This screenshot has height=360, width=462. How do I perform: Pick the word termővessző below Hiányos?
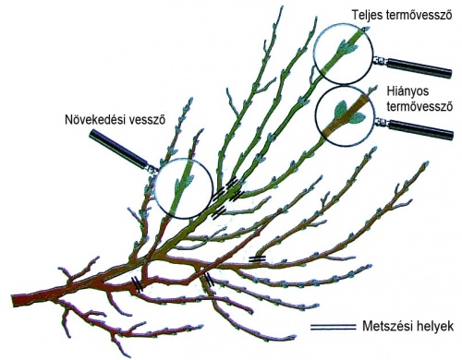click(420, 106)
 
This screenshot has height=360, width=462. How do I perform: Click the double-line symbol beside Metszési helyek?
click(333, 327)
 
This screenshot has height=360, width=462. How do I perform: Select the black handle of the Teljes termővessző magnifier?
click(419, 68)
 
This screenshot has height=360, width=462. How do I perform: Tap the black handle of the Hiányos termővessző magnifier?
click(421, 130)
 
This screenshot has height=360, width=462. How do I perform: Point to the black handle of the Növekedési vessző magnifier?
click(116, 149)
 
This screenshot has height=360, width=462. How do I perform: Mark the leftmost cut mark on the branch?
click(137, 283)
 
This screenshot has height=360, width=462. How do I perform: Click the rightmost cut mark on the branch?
click(258, 258)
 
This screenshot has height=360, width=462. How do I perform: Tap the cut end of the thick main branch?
click(13, 300)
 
